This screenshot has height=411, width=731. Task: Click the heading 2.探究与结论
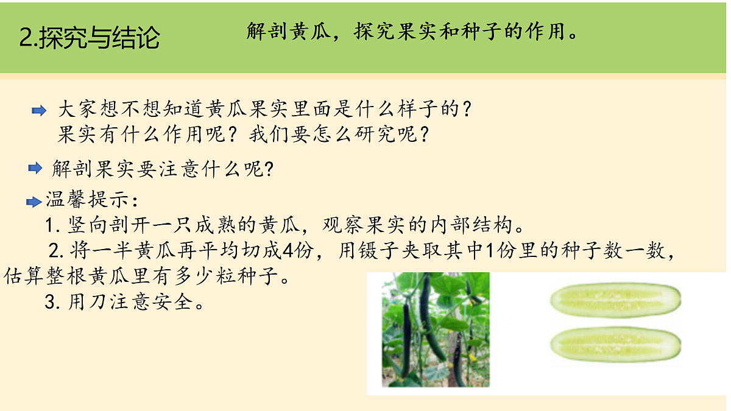(90, 38)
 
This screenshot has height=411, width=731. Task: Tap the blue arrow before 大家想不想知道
(39, 110)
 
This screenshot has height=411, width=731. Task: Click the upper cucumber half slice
(615, 300)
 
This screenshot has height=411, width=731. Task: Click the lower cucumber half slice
(615, 345)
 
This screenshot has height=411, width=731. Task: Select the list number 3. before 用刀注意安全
(52, 302)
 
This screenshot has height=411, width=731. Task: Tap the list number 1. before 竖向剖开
(52, 226)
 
